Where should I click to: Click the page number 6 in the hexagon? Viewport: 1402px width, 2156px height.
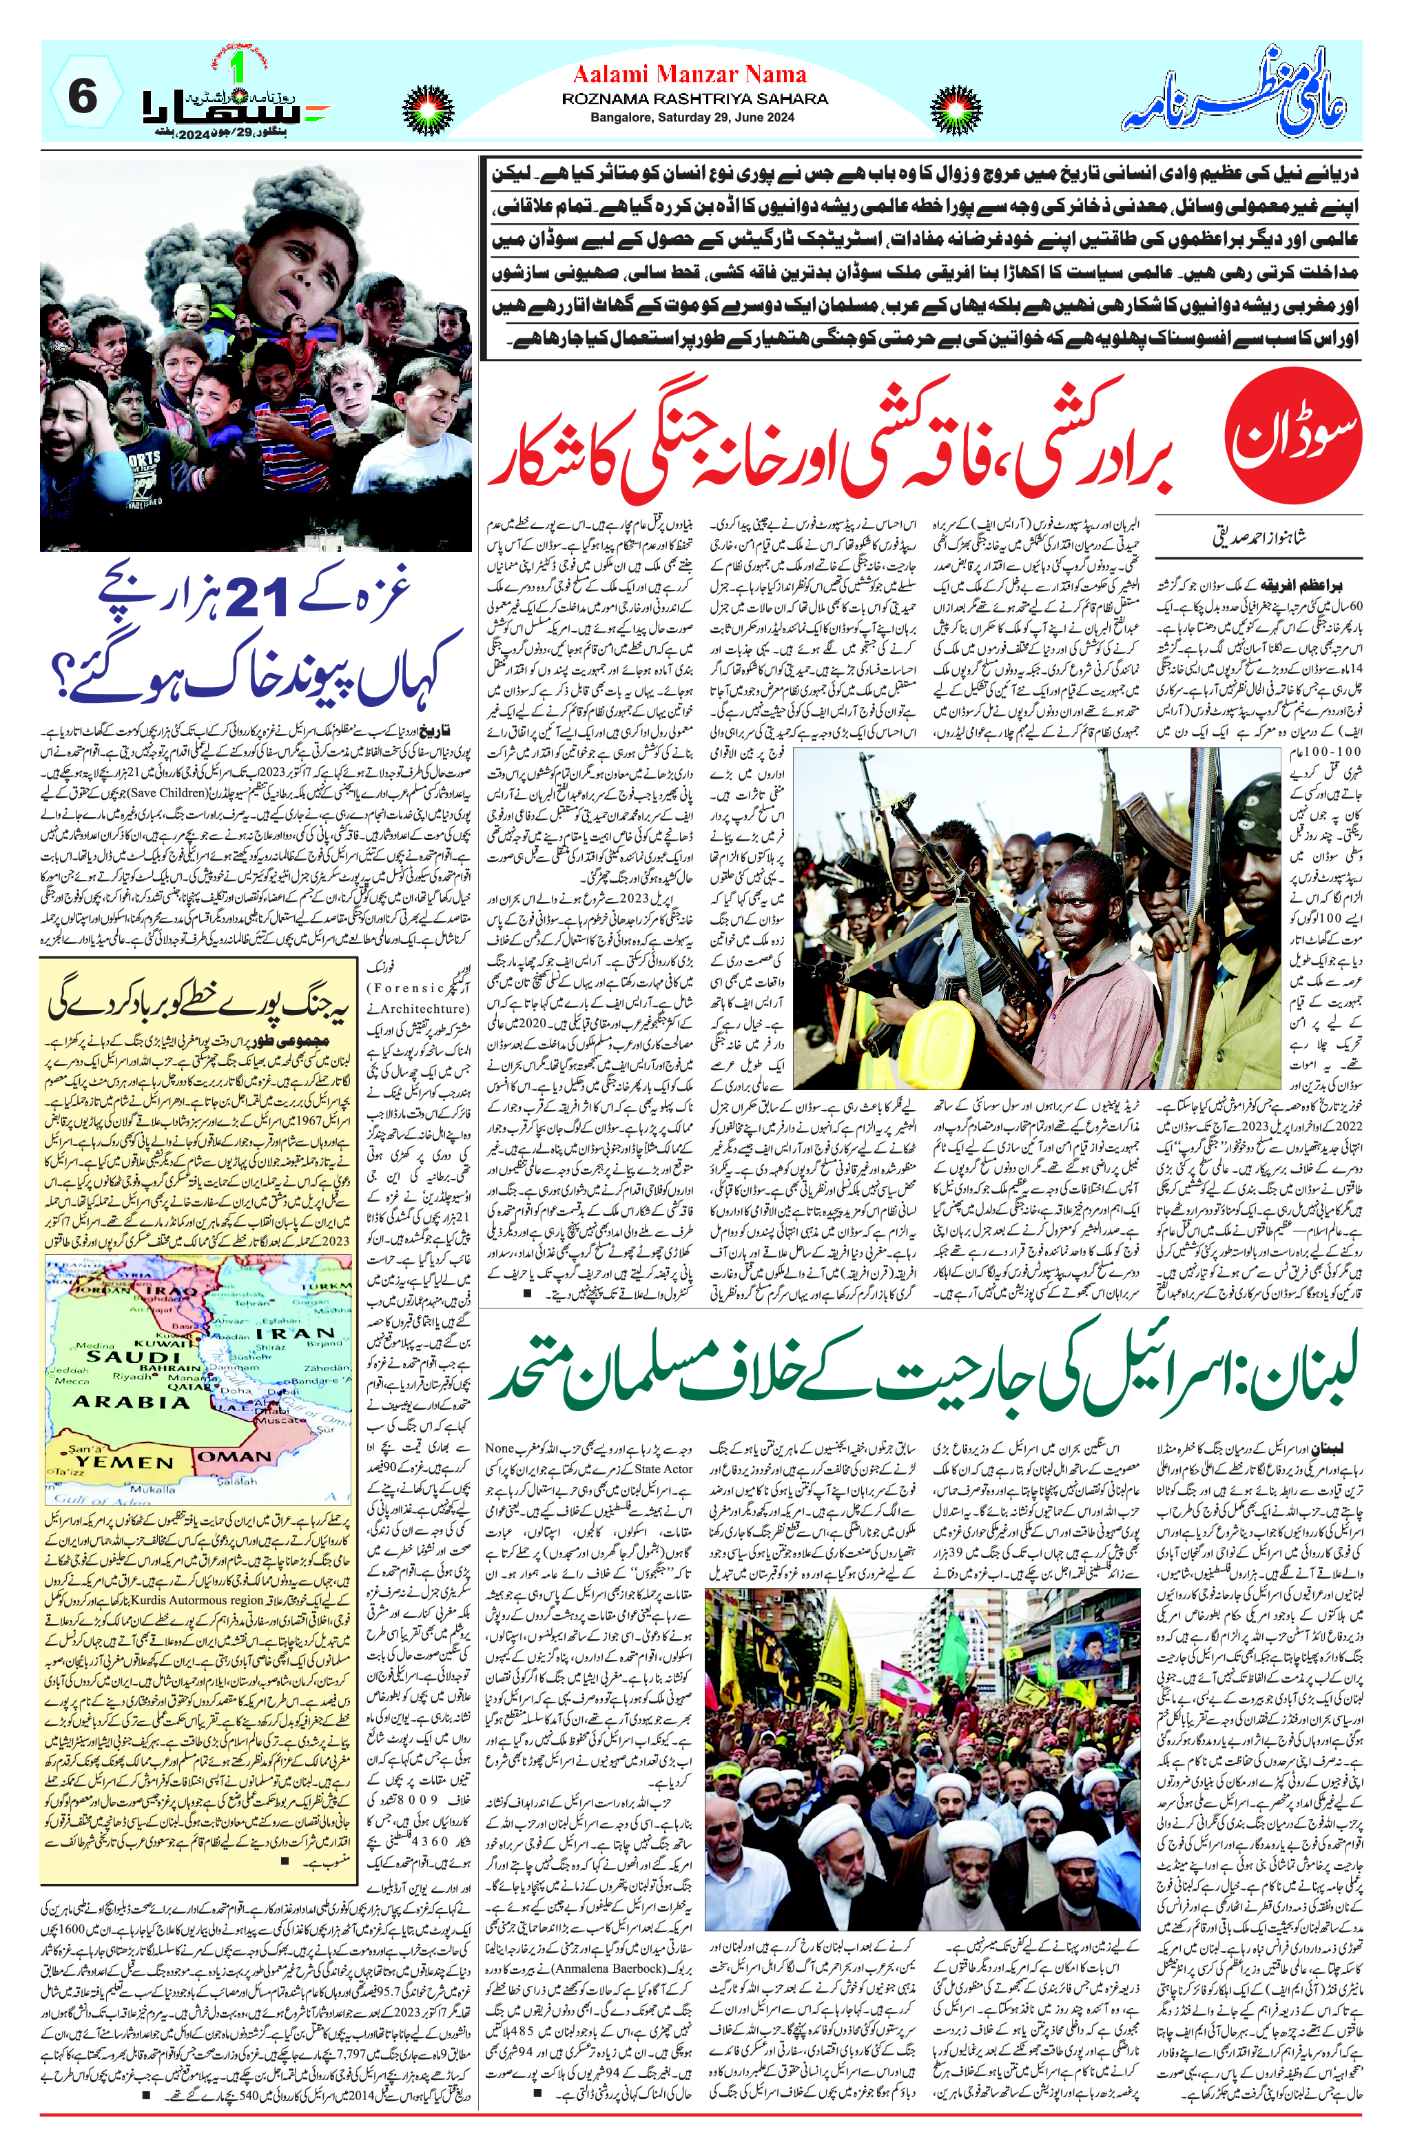pyautogui.click(x=83, y=96)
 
